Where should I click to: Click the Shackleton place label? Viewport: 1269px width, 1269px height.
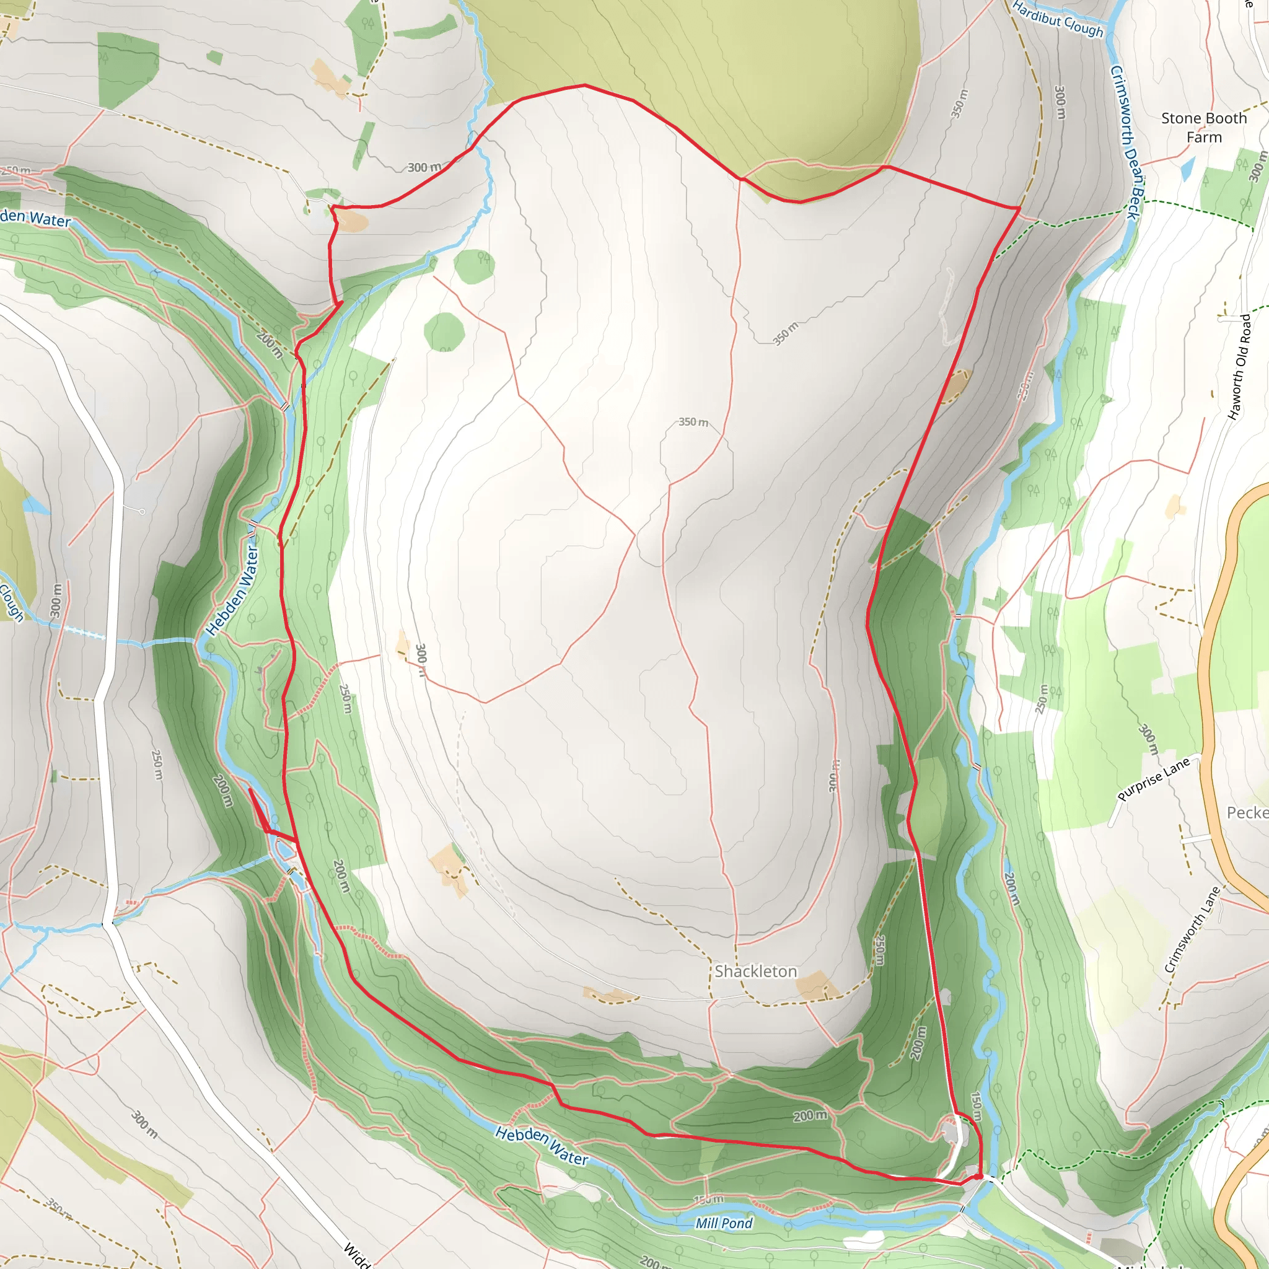[755, 972]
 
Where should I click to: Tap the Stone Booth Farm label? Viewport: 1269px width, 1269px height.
[1203, 128]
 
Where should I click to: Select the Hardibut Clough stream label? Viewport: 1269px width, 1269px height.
[1058, 19]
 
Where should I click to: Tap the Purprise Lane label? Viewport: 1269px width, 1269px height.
[1153, 779]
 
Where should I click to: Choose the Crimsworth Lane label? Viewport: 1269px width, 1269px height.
[1192, 929]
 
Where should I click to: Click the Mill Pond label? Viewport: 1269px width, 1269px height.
[724, 1223]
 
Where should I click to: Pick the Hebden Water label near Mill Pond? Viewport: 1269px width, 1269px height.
[541, 1146]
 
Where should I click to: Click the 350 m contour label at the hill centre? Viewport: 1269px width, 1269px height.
[693, 422]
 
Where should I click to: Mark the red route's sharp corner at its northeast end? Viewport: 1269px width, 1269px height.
[1019, 208]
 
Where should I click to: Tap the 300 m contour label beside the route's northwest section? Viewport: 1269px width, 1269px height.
[424, 167]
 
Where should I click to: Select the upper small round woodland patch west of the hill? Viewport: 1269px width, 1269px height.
[473, 266]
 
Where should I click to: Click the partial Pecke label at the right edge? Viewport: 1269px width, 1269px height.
[1247, 812]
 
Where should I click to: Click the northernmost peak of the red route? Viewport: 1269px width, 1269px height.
[584, 86]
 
